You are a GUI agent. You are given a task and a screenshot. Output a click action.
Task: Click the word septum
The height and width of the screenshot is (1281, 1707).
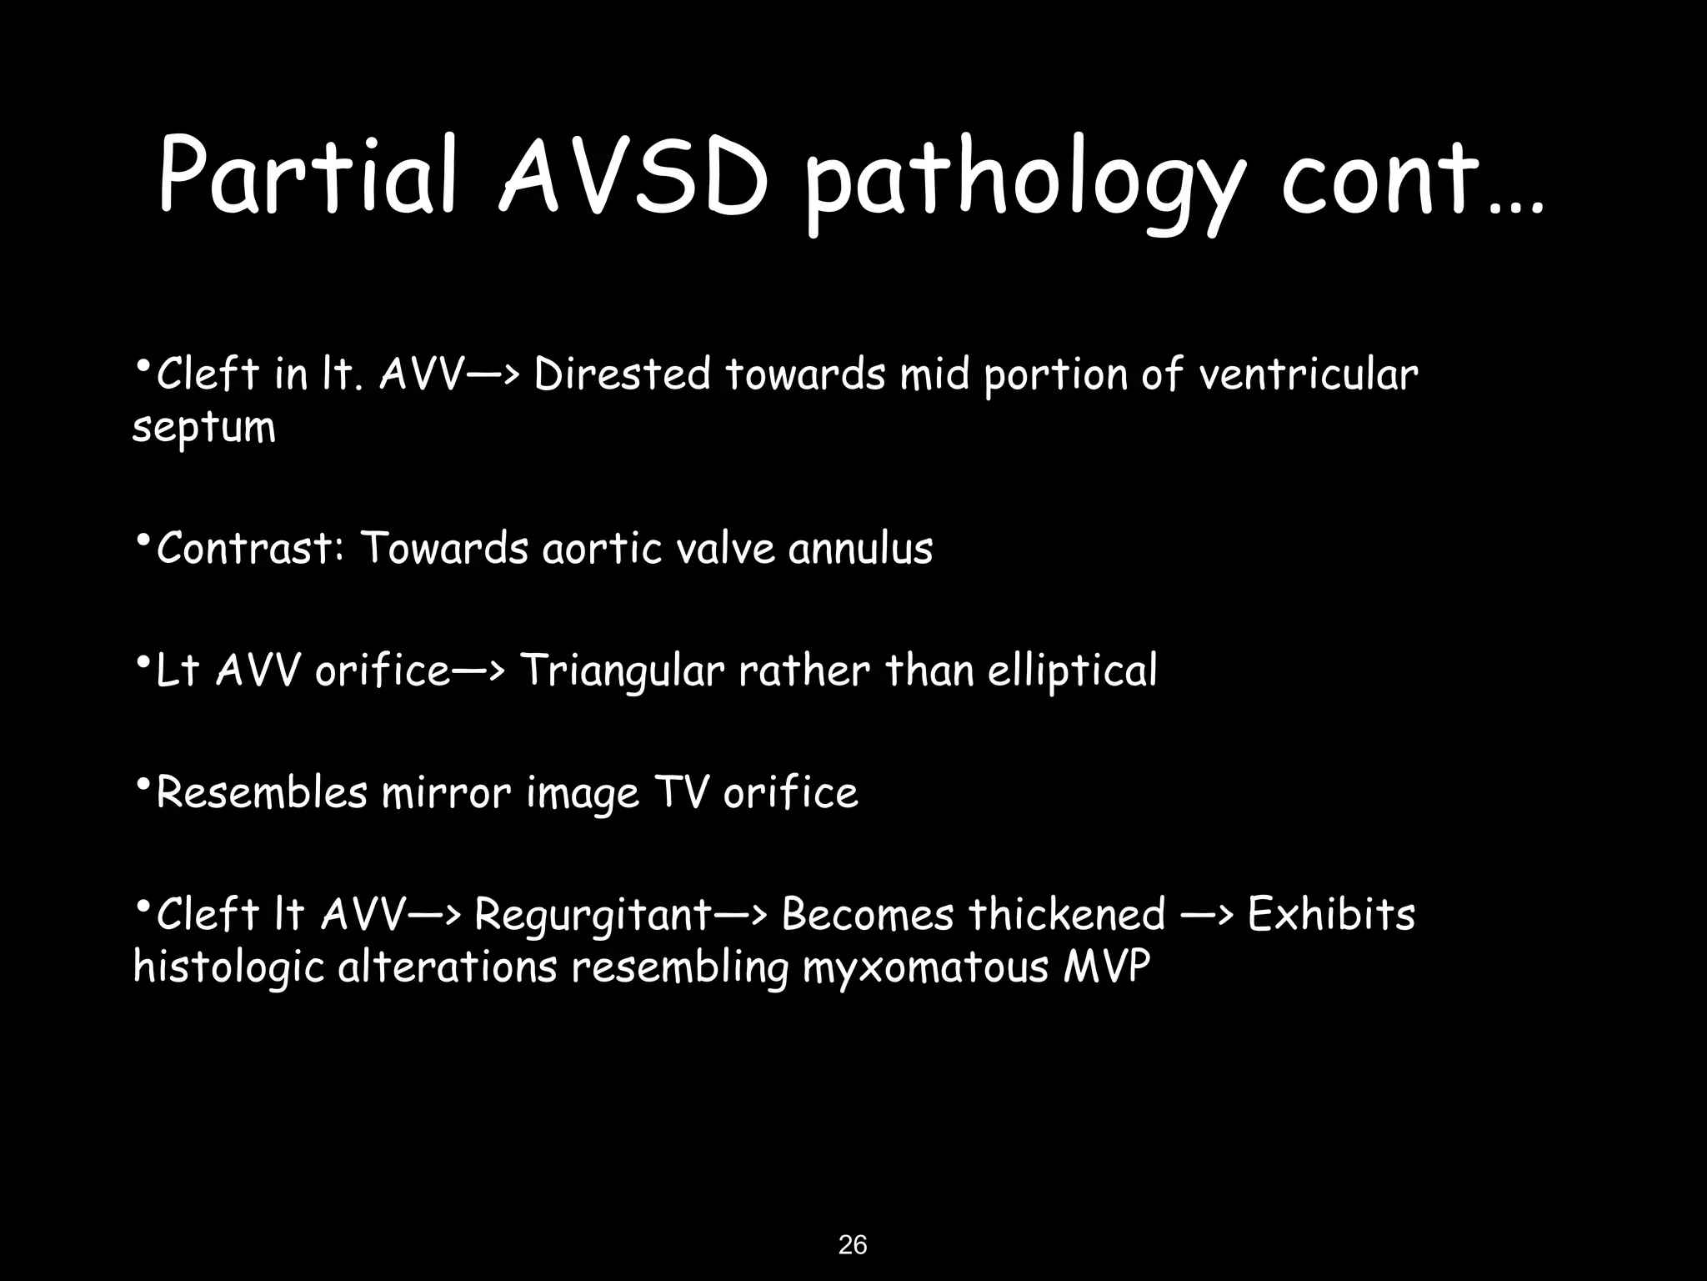[x=204, y=429]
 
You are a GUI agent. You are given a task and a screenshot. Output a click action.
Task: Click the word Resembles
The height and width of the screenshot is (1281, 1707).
[x=262, y=792]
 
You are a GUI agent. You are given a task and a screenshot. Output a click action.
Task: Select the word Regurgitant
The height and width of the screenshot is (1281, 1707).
[x=593, y=916]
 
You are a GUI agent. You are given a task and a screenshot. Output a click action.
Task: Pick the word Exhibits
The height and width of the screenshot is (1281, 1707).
[x=1331, y=914]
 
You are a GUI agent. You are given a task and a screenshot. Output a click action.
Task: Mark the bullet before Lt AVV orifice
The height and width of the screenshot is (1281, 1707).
[x=143, y=662]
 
